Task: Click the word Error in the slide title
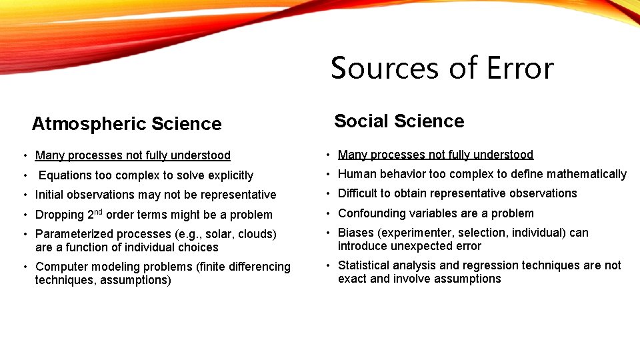coord(521,68)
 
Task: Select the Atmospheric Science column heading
coord(127,124)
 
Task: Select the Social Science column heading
coord(399,121)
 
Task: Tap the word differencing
coord(257,267)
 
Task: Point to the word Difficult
coord(360,193)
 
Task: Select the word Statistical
coord(364,265)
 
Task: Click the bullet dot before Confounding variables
coord(327,213)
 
